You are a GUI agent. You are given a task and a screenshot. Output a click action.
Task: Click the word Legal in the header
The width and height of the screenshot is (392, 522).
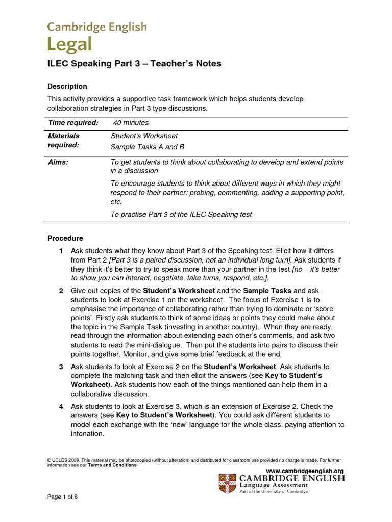(x=69, y=45)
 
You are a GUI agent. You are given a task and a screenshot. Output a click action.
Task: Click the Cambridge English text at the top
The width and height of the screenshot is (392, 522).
(x=97, y=27)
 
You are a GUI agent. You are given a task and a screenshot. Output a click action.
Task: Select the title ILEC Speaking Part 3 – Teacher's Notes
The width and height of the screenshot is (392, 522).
(x=134, y=64)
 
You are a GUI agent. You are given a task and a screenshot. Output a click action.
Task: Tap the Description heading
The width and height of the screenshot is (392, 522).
(x=67, y=86)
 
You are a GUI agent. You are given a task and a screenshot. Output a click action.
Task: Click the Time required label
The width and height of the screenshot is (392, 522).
(x=72, y=123)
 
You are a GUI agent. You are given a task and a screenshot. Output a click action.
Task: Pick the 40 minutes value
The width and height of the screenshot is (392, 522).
(x=131, y=123)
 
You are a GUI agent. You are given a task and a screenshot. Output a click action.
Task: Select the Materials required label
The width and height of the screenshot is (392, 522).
(x=64, y=140)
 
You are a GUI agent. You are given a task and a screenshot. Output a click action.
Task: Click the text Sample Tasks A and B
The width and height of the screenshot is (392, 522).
(x=147, y=147)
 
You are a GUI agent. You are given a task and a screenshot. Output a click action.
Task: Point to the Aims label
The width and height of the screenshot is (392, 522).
(x=58, y=162)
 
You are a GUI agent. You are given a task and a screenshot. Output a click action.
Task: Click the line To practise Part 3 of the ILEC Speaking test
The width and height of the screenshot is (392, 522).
(x=181, y=214)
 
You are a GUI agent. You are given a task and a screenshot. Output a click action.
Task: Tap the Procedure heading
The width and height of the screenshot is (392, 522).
(x=65, y=238)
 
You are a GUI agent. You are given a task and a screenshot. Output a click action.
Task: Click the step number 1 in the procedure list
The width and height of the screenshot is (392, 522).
(x=61, y=251)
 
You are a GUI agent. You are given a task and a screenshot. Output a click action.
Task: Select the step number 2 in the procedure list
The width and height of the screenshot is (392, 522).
(x=61, y=291)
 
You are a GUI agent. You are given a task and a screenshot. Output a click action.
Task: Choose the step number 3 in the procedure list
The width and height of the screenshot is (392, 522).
(x=61, y=367)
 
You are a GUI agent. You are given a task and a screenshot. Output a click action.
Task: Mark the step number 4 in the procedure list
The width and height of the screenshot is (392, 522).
(x=61, y=406)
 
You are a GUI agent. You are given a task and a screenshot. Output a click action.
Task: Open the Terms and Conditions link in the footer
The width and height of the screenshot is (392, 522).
(x=112, y=465)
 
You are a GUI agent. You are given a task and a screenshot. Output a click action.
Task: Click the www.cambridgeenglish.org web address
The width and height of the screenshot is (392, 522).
(x=305, y=471)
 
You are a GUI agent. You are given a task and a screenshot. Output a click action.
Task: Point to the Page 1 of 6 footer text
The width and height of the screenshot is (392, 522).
(x=63, y=497)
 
